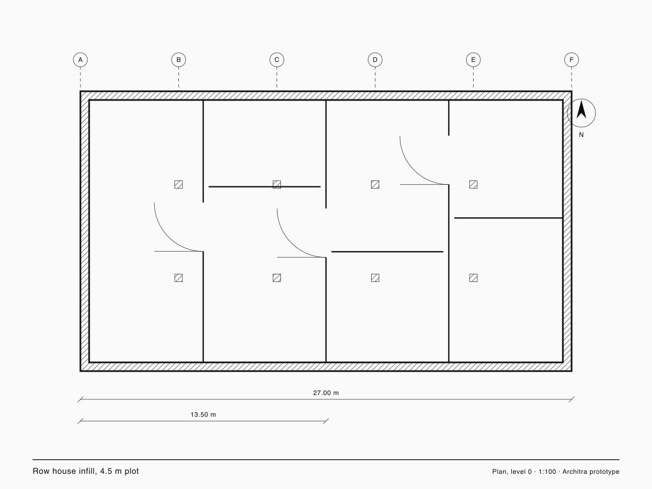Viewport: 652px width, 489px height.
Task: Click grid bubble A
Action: click(x=80, y=60)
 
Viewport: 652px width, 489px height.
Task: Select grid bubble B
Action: click(x=179, y=60)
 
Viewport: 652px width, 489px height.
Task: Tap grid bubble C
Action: click(x=277, y=60)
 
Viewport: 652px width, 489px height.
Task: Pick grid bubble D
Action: click(x=375, y=60)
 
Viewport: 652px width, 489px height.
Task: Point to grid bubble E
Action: click(x=473, y=60)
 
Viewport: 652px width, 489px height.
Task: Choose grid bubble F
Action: click(x=572, y=60)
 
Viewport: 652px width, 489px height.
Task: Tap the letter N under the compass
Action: click(x=581, y=135)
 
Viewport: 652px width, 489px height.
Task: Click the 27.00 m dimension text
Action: click(x=326, y=393)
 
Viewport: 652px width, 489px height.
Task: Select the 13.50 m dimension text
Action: click(x=203, y=415)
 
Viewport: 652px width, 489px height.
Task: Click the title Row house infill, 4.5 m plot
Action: click(x=86, y=471)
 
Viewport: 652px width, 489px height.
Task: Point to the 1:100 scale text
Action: click(x=547, y=472)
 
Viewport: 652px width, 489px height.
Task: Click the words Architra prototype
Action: click(x=591, y=472)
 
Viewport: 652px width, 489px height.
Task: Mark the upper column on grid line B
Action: click(x=179, y=185)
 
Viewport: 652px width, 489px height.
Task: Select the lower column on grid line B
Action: click(x=179, y=278)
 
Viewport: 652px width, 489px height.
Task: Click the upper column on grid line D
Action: click(x=375, y=185)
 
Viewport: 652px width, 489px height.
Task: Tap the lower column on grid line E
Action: click(x=473, y=278)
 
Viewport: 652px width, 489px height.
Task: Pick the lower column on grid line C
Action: click(x=277, y=278)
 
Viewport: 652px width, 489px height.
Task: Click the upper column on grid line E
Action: click(x=473, y=185)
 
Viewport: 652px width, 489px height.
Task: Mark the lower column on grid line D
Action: click(x=375, y=278)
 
